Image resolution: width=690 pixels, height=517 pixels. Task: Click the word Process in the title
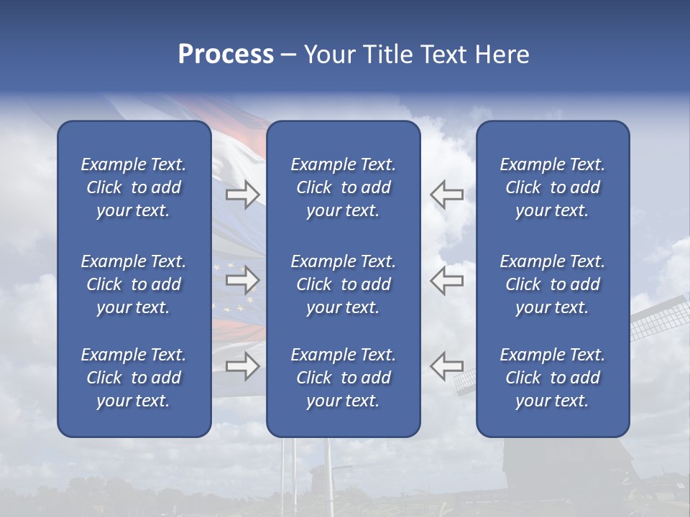click(226, 55)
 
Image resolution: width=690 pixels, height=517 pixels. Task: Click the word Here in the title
click(502, 55)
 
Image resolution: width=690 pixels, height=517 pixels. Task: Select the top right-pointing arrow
click(242, 194)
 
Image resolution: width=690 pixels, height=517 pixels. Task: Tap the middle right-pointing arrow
click(242, 278)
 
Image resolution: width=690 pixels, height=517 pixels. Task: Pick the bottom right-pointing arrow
click(242, 366)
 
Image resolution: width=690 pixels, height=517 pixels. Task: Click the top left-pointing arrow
click(446, 194)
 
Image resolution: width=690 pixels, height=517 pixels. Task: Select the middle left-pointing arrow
click(446, 280)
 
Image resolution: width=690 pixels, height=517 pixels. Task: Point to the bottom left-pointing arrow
click(446, 366)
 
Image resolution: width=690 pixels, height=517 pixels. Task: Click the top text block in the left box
click(134, 187)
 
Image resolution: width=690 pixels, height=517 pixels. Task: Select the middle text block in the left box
click(134, 284)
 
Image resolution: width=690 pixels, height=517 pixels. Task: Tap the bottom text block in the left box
click(134, 378)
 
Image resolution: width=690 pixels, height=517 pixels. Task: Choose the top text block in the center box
click(343, 187)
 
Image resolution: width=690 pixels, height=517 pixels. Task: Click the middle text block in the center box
click(343, 284)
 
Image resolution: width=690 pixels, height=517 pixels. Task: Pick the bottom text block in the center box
click(343, 378)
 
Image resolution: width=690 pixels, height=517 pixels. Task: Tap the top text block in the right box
click(552, 187)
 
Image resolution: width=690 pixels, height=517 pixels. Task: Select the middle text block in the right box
click(552, 284)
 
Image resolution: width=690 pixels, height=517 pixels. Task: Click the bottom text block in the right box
click(552, 378)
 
